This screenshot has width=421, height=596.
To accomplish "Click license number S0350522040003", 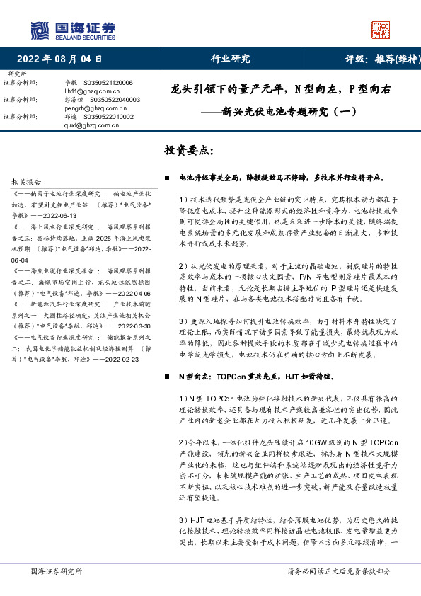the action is coord(115,101).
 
